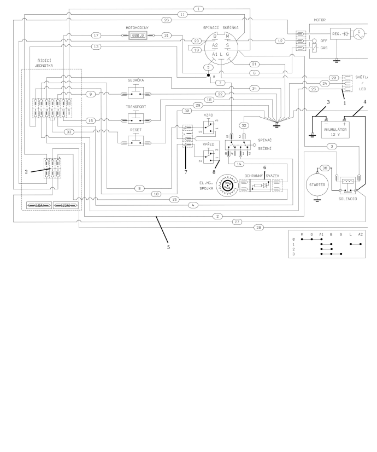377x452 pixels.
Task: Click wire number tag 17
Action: click(97, 36)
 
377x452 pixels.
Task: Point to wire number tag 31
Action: click(167, 36)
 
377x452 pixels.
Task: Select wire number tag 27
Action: click(237, 222)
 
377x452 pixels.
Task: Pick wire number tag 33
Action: click(69, 132)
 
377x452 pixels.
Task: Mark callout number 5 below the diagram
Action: click(168, 247)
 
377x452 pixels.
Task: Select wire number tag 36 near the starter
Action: click(325, 168)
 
